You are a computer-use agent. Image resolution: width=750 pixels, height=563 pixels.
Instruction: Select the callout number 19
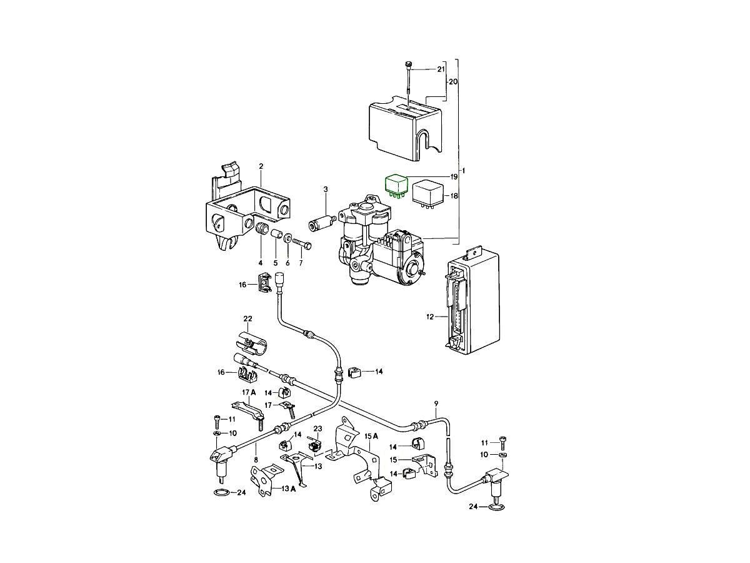pyautogui.click(x=454, y=177)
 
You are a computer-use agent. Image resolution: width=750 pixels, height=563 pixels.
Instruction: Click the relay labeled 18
pyautogui.click(x=427, y=191)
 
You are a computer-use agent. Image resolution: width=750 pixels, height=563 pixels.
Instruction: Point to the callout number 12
pyautogui.click(x=430, y=317)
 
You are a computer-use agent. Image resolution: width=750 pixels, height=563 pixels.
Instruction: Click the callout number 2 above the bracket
pyautogui.click(x=261, y=166)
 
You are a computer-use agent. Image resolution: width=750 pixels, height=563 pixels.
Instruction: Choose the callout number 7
pyautogui.click(x=301, y=263)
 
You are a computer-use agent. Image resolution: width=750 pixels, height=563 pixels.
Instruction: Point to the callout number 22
pyautogui.click(x=247, y=320)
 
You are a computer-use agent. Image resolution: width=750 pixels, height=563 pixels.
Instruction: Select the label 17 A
pyautogui.click(x=249, y=393)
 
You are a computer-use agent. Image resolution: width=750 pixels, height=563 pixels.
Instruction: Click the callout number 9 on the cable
pyautogui.click(x=436, y=403)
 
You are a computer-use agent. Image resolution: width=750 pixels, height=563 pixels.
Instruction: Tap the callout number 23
pyautogui.click(x=317, y=429)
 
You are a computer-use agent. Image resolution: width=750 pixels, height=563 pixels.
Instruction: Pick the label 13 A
pyautogui.click(x=288, y=489)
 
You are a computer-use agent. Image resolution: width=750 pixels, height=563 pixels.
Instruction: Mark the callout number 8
pyautogui.click(x=255, y=460)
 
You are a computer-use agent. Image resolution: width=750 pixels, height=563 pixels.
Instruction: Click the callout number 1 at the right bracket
pyautogui.click(x=463, y=171)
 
